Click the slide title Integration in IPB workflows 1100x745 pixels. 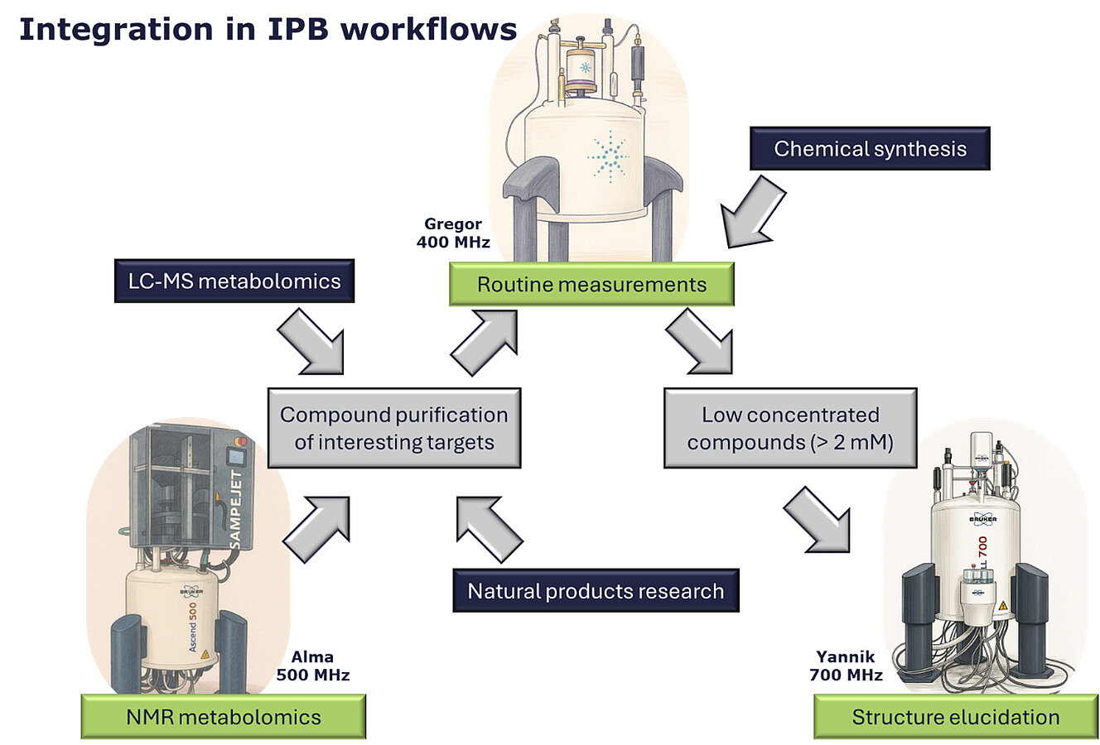click(268, 30)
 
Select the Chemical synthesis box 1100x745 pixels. click(870, 149)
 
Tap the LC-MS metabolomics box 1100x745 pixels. click(234, 281)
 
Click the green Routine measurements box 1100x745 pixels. click(591, 285)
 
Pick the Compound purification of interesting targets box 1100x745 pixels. click(393, 428)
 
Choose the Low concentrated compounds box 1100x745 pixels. click(790, 428)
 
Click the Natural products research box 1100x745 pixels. click(596, 591)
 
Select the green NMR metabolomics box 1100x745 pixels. click(223, 717)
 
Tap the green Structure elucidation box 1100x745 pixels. click(955, 717)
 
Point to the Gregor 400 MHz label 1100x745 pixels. click(453, 233)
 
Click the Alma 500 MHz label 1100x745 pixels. click(312, 666)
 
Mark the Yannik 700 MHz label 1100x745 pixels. click(846, 666)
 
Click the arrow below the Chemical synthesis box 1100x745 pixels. click(751, 214)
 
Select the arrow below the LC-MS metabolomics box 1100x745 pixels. click(311, 342)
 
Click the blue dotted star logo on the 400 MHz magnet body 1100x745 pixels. click(609, 155)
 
